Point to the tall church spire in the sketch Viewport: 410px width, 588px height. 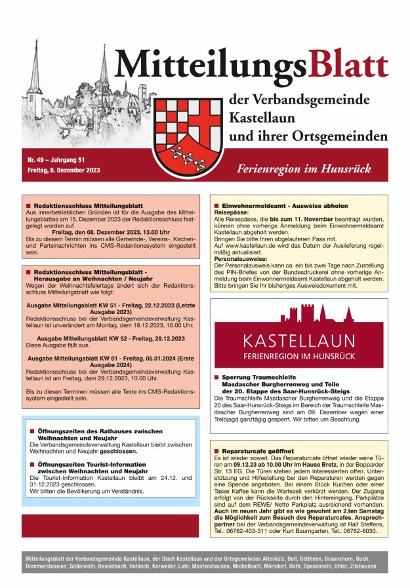tap(104, 69)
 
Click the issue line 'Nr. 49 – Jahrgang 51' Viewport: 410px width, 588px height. tap(56, 160)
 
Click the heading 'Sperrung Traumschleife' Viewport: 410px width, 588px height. tap(260, 378)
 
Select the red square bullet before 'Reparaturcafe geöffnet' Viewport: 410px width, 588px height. tap(216, 452)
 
